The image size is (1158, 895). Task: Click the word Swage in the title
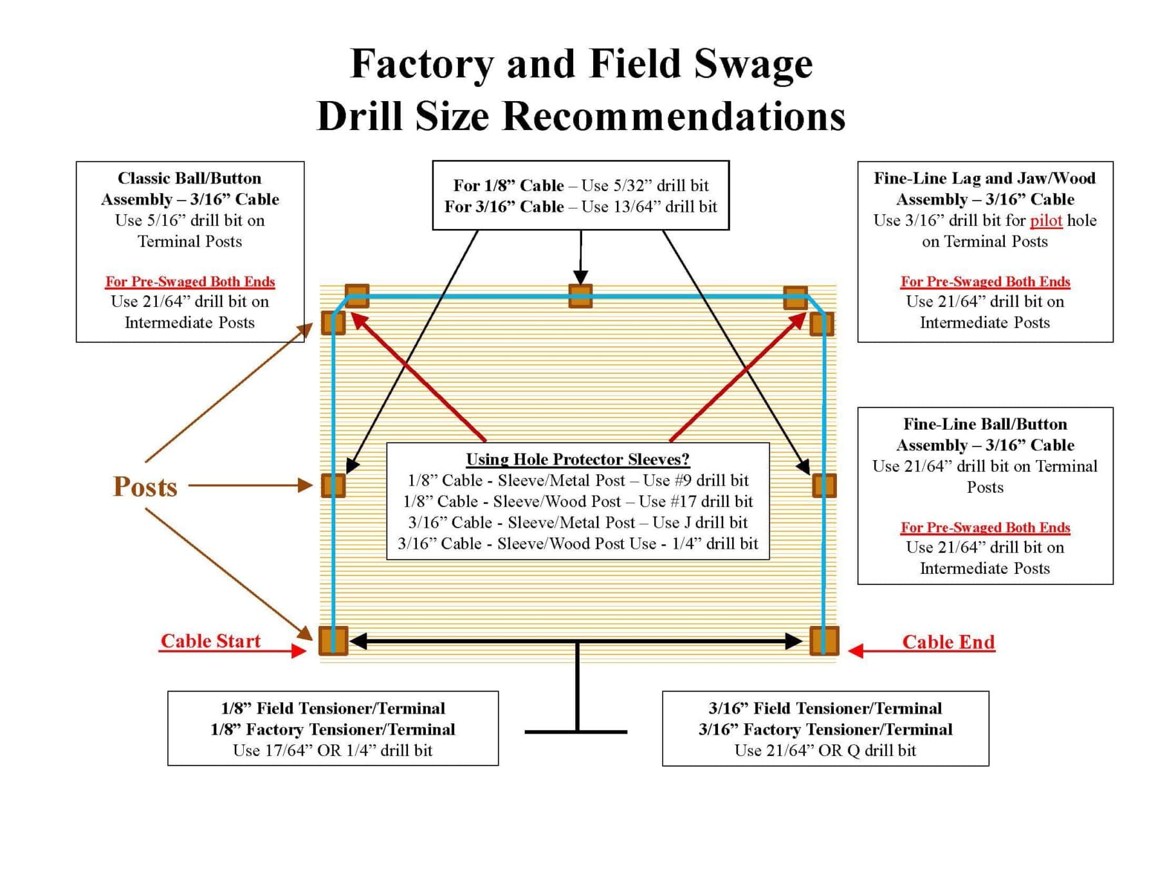(x=753, y=64)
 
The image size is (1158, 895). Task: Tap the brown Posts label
(x=145, y=487)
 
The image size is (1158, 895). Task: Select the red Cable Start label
(x=210, y=641)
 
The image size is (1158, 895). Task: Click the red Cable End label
(x=948, y=641)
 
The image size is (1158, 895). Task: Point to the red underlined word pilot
(x=1045, y=221)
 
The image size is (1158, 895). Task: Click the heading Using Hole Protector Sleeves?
(x=577, y=459)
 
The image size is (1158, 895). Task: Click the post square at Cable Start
(x=333, y=641)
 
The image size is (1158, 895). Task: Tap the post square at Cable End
(x=824, y=641)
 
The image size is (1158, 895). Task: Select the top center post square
(x=580, y=297)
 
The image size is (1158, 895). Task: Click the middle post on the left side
(x=333, y=486)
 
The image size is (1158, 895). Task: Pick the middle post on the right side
(x=824, y=486)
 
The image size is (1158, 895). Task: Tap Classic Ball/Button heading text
(x=189, y=178)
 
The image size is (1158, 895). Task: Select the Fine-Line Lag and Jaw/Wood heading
(x=984, y=178)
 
